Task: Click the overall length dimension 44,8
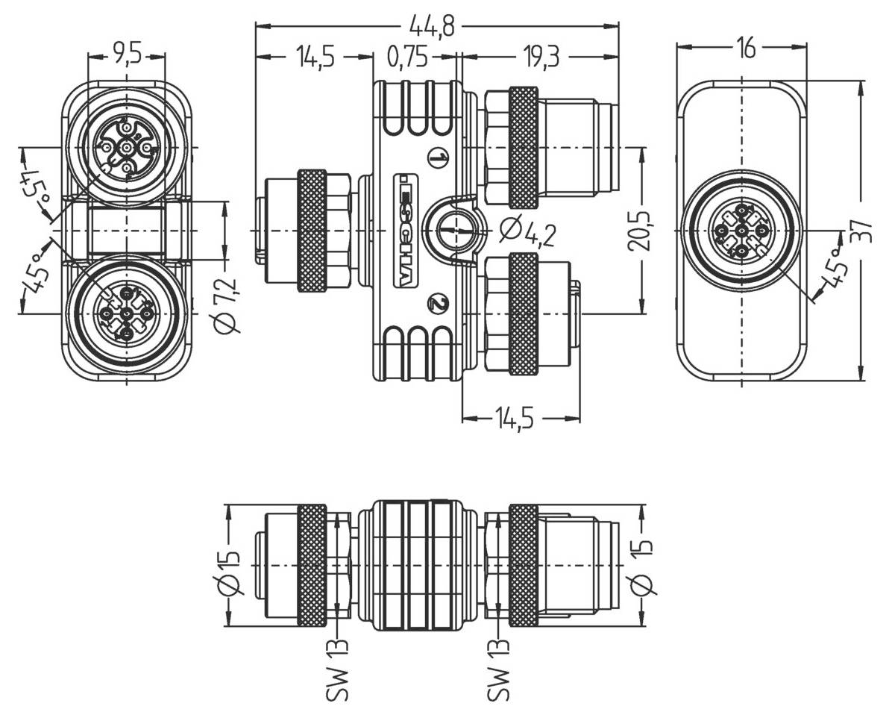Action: tap(436, 28)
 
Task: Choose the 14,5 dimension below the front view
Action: tap(521, 419)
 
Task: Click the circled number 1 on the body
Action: tap(439, 157)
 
